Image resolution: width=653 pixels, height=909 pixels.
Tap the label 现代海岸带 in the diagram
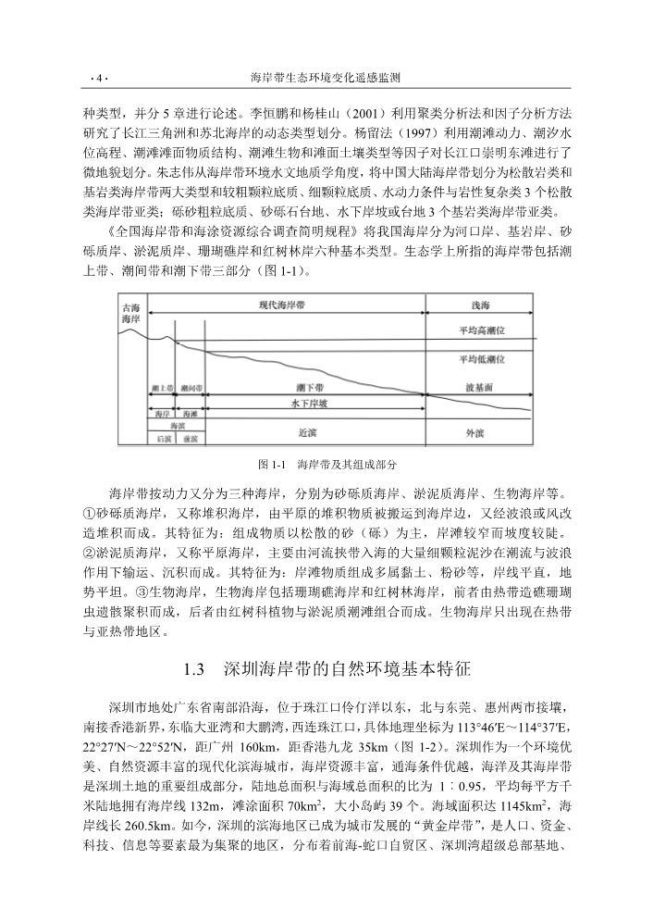[287, 305]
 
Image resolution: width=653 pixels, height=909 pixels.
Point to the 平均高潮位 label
[482, 330]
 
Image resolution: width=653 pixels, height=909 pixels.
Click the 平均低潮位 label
[482, 359]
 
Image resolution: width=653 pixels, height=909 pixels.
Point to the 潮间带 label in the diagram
[191, 388]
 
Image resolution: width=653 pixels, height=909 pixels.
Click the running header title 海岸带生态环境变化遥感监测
[325, 79]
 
